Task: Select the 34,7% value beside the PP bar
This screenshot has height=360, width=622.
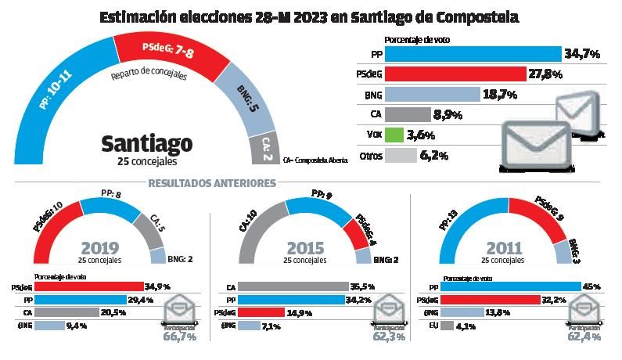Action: [581, 54]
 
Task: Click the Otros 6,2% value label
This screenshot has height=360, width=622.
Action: [433, 156]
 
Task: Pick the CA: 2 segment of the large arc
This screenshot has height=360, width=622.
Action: [264, 147]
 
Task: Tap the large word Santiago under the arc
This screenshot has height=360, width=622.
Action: [147, 144]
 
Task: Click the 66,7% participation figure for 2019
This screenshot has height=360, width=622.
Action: [181, 337]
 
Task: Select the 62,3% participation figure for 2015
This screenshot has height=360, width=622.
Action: [389, 337]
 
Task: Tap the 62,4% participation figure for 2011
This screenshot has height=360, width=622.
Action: [584, 337]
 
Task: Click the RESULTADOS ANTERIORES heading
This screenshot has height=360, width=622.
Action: [211, 183]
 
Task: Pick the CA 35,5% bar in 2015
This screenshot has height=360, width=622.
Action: [293, 287]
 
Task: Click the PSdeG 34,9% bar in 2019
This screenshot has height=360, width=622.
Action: [86, 287]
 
